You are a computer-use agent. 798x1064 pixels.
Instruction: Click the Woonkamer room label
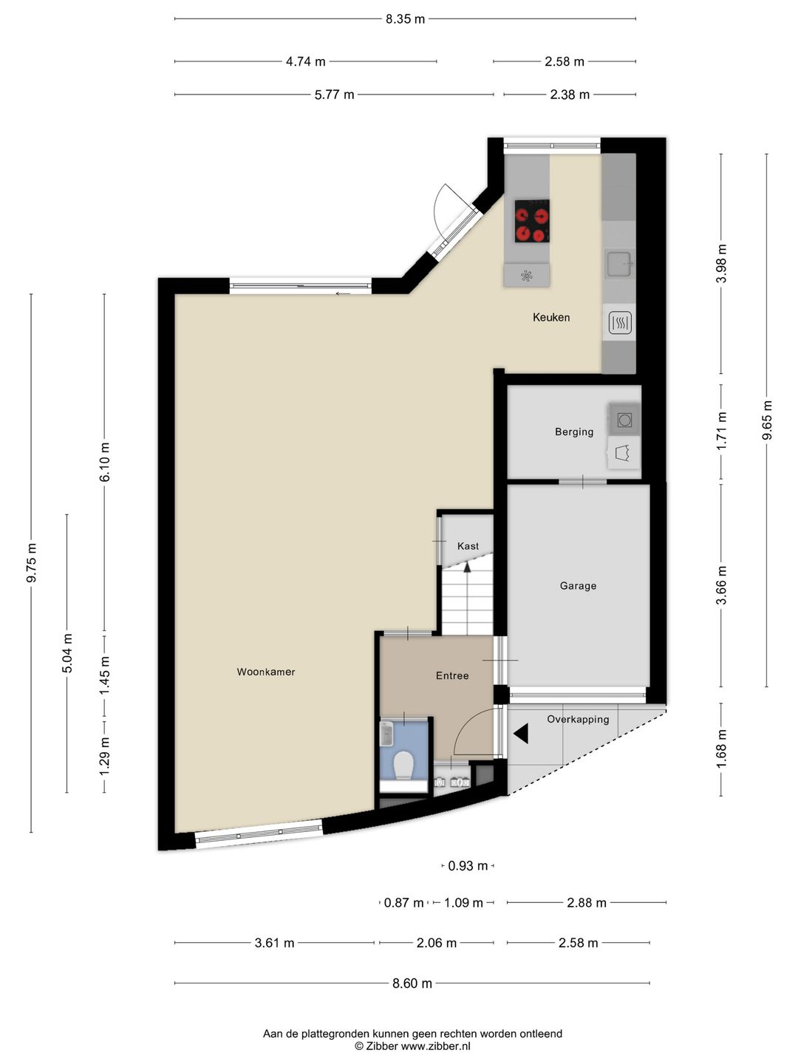[x=265, y=672]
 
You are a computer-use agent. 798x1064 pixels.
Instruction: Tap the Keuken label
[x=551, y=318]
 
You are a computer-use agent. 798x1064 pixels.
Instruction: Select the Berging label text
[x=574, y=432]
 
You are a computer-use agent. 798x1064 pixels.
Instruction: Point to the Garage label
[x=578, y=586]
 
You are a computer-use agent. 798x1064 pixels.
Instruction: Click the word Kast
[x=468, y=546]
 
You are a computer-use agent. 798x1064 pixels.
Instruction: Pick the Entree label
[x=452, y=676]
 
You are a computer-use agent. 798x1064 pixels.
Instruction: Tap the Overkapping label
[x=578, y=720]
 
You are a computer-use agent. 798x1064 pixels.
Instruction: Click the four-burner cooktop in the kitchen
[x=532, y=221]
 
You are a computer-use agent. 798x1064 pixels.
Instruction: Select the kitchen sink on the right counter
[x=619, y=264]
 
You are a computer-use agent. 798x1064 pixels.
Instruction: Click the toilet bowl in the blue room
[x=403, y=765]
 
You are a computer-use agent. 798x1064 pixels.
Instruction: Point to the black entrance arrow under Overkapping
[x=521, y=734]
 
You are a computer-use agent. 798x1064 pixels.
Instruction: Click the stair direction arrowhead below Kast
[x=467, y=567]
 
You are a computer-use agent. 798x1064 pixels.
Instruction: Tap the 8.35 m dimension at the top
[x=405, y=19]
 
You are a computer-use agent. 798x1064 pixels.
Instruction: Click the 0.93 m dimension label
[x=468, y=866]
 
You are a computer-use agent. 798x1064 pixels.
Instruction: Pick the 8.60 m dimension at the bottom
[x=412, y=983]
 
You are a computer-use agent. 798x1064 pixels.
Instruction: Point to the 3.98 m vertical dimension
[x=722, y=263]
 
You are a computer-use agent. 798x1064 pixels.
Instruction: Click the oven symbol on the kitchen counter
[x=620, y=322]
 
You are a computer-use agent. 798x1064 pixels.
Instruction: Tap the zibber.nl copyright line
[x=412, y=1046]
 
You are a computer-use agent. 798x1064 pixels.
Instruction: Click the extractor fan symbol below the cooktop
[x=526, y=276]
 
